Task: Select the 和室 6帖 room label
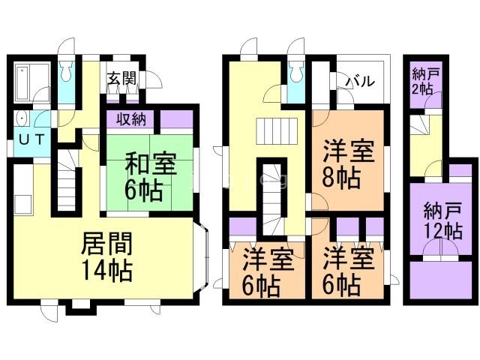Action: [x=151, y=176]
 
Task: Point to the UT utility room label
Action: [x=31, y=139]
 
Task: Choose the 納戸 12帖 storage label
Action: [x=442, y=217]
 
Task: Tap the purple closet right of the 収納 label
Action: [x=177, y=118]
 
